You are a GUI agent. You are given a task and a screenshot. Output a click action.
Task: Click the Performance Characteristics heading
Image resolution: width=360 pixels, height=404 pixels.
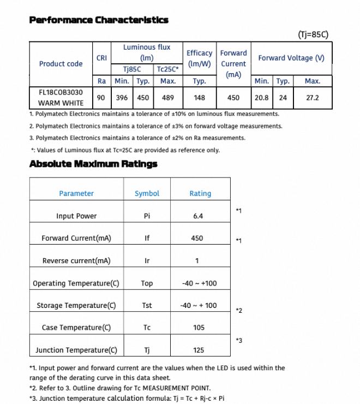[98, 20]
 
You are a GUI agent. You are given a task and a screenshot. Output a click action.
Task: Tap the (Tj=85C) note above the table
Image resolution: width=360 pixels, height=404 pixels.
[313, 35]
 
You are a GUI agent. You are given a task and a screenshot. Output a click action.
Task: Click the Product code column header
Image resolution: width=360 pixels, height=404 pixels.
[61, 64]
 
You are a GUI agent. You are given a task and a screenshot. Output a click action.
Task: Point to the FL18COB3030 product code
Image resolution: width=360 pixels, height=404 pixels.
[61, 93]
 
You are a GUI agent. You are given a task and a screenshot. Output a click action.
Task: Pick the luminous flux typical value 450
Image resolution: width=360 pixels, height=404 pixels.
[143, 98]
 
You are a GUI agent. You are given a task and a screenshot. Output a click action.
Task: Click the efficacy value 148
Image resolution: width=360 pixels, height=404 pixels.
[199, 98]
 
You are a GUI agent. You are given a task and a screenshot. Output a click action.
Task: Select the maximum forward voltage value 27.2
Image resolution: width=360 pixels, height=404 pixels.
[312, 98]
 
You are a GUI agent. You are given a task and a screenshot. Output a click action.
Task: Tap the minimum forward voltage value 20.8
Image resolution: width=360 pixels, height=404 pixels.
[262, 98]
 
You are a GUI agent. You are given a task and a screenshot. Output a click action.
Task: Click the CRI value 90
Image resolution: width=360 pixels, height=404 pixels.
[101, 98]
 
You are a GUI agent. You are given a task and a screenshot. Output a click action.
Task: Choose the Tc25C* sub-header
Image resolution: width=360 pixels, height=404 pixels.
[167, 69]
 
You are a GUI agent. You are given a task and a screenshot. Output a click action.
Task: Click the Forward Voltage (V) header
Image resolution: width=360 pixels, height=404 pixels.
[291, 58]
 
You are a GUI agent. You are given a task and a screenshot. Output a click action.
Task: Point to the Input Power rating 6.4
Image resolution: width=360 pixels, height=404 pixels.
[198, 216]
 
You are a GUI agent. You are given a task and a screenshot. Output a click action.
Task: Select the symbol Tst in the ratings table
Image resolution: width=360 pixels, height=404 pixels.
[147, 306]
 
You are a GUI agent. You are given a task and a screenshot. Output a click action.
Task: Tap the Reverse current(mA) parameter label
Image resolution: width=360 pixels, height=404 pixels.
[76, 261]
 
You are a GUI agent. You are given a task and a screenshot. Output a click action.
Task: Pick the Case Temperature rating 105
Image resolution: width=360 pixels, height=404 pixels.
[199, 328]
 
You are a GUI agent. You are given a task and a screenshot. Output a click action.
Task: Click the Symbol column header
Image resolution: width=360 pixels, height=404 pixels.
[147, 194]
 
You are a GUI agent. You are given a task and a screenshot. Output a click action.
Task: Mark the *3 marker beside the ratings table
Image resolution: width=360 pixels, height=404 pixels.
[238, 341]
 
